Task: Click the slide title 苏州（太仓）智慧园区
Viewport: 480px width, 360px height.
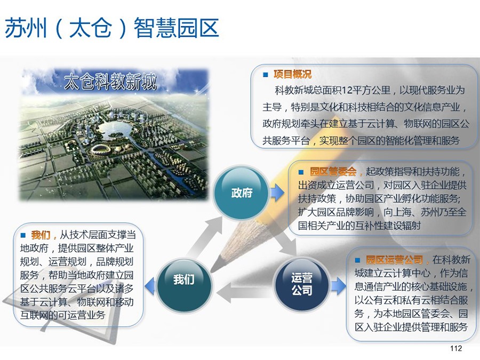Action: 112,28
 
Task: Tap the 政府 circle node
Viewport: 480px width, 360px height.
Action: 242,193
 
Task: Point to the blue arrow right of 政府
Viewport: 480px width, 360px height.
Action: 277,193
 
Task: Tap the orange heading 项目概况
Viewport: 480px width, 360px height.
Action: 292,74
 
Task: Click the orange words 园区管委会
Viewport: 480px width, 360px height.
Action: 333,171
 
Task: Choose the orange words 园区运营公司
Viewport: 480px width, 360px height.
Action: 394,260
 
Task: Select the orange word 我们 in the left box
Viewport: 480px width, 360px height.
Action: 41,235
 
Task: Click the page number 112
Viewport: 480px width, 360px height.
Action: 456,348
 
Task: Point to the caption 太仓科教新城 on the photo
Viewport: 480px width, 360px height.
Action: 110,81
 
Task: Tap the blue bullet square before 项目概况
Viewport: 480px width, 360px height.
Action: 266,74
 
